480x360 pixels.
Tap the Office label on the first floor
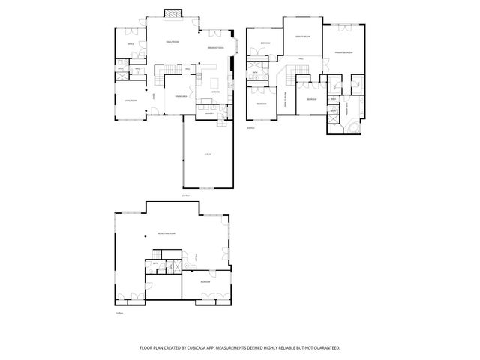pos(130,45)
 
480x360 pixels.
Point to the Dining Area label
pos(181,96)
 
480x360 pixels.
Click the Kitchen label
pos(215,92)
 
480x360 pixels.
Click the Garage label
pos(207,154)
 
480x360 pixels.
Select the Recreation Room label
pos(166,234)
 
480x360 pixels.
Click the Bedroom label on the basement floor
pos(205,281)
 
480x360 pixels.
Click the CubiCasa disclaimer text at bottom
pos(240,347)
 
